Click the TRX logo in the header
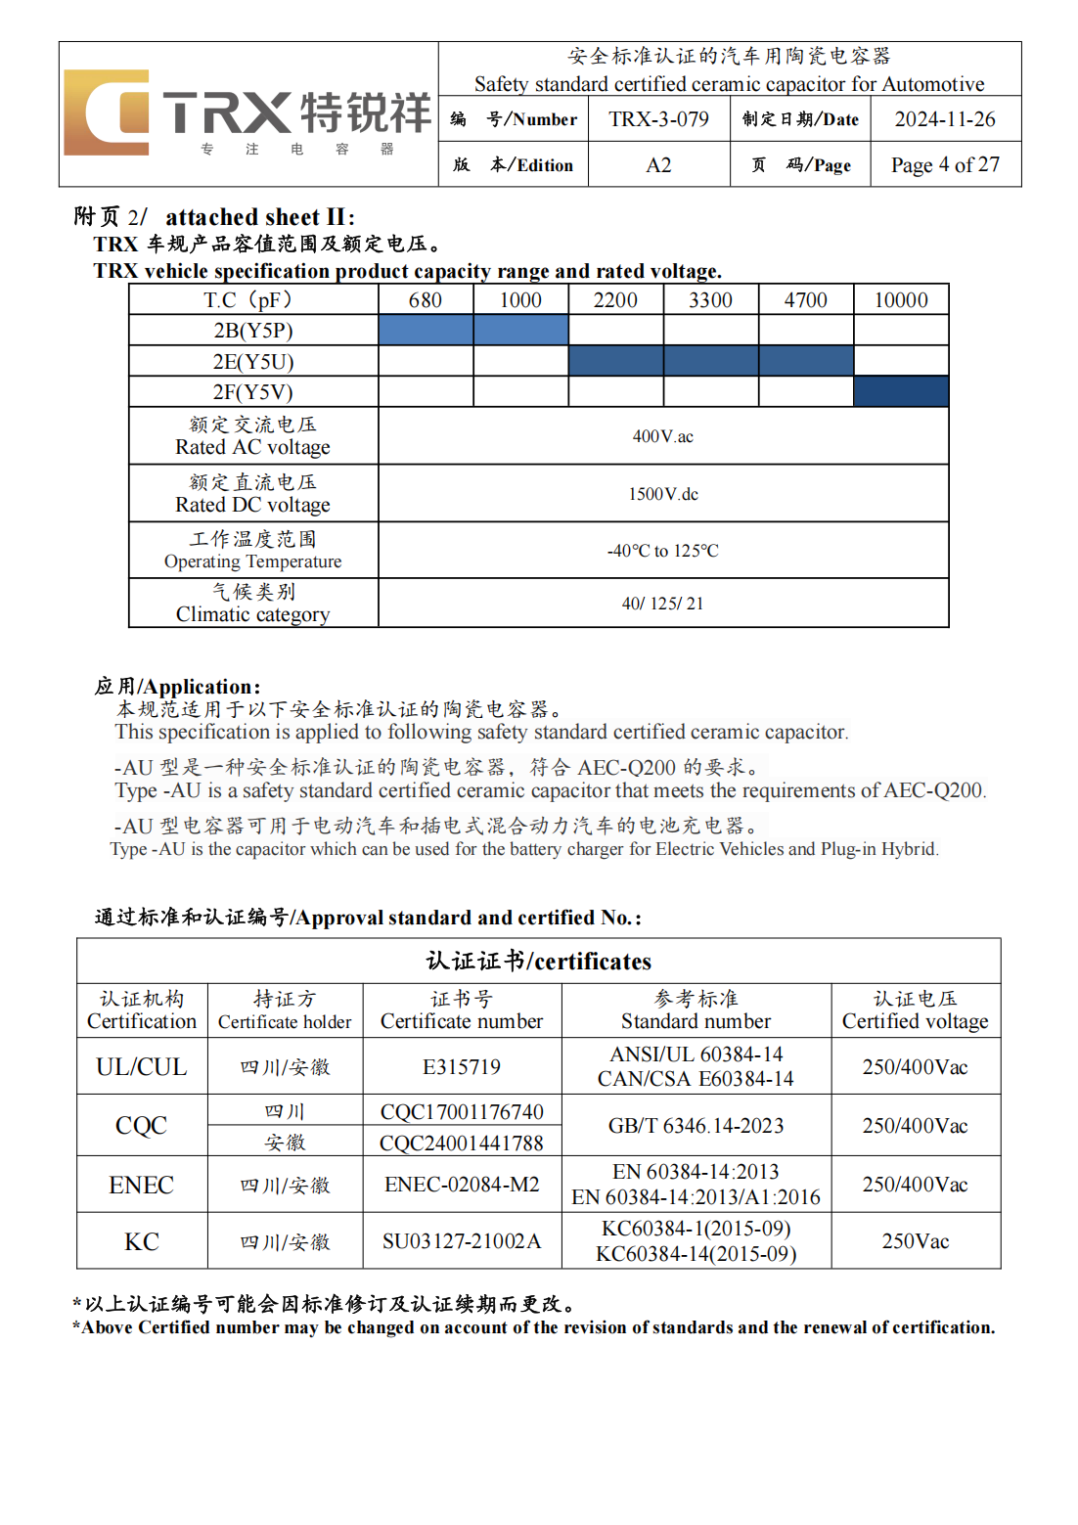(247, 113)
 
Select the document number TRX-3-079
(658, 119)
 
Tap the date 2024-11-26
(944, 119)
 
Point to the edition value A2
(658, 165)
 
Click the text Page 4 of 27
(944, 165)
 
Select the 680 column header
(426, 300)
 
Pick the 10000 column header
(900, 300)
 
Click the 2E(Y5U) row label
(253, 362)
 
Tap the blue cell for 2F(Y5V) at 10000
(900, 392)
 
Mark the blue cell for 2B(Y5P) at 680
(426, 331)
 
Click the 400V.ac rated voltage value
(662, 436)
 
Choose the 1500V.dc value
(662, 494)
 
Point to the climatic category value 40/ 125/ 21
(662, 604)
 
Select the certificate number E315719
(462, 1066)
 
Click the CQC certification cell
(142, 1126)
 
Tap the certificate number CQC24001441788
(462, 1143)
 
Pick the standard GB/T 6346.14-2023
(696, 1126)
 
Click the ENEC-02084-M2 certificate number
(462, 1185)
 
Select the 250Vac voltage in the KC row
(915, 1241)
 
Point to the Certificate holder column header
(285, 1021)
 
